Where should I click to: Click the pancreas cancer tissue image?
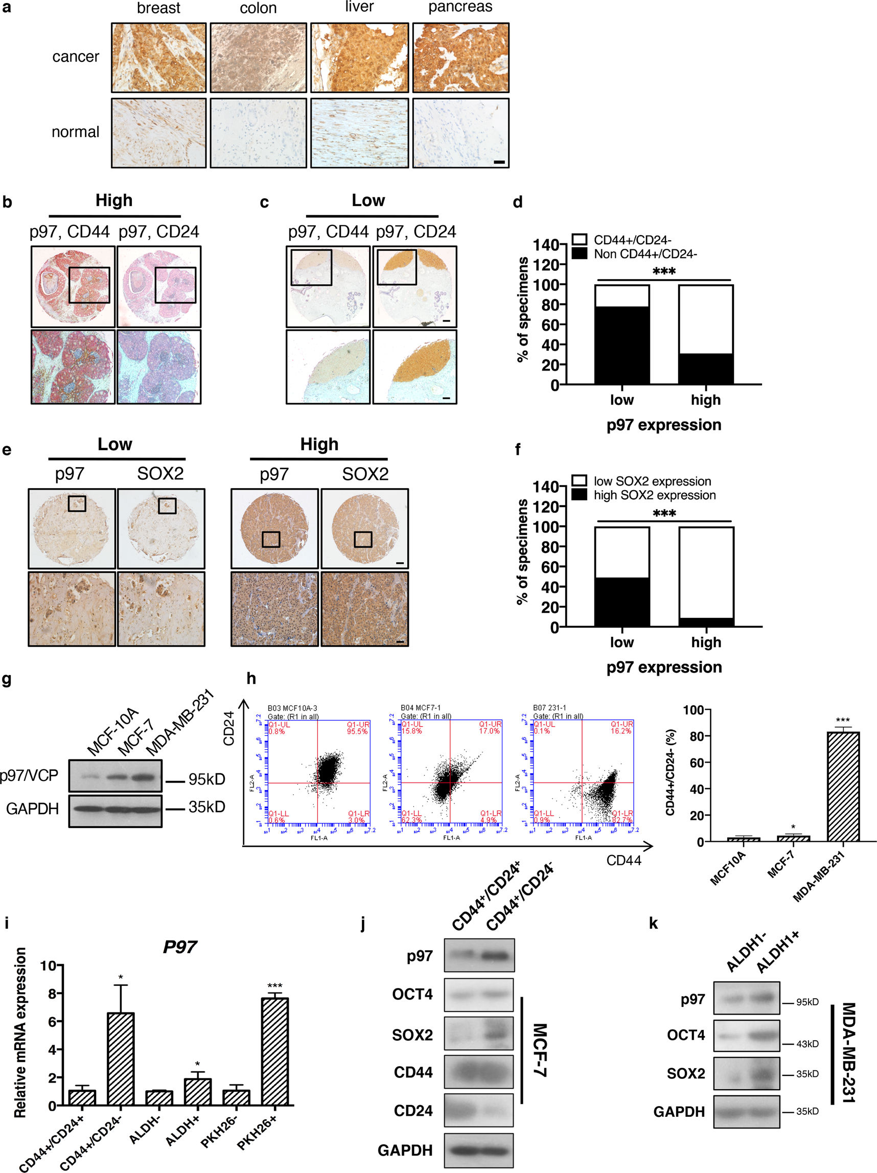(460, 57)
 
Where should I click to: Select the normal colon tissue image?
(258, 132)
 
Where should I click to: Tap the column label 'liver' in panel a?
(359, 7)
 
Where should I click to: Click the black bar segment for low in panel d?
(621, 344)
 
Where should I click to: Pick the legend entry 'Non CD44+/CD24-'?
(644, 254)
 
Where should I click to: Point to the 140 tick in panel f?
(544, 487)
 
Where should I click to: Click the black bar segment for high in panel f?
(706, 622)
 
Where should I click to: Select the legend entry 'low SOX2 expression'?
(652, 481)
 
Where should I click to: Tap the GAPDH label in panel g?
(32, 809)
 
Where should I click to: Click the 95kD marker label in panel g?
(207, 779)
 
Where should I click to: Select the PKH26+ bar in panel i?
(274, 1051)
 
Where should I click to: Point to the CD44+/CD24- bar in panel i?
(121, 1059)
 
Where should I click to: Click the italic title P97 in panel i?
(179, 947)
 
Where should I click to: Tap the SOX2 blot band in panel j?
(478, 1033)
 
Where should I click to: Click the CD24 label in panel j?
(412, 1111)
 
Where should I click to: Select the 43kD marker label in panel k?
(807, 1044)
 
